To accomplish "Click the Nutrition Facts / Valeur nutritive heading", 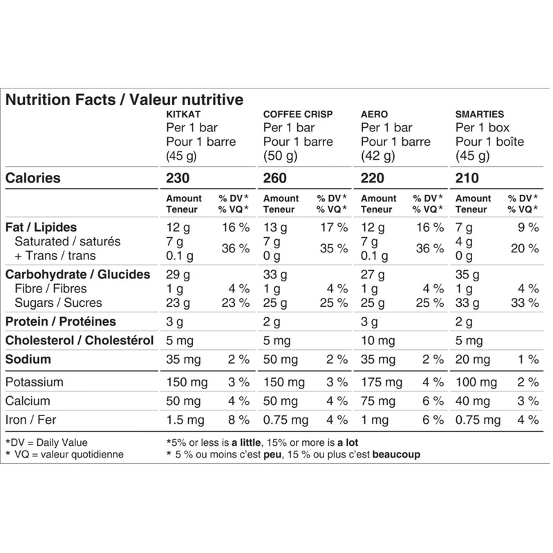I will click(124, 99).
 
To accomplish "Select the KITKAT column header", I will click(183, 114).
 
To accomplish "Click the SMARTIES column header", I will click(480, 114).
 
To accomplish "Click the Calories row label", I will click(32, 178).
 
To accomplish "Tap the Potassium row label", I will click(35, 382).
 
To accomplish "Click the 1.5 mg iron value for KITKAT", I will click(185, 419).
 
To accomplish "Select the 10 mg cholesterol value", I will click(377, 340).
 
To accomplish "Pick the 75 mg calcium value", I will click(378, 400).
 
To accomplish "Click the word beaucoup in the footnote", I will click(395, 455).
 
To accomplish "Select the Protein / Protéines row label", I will click(60, 321).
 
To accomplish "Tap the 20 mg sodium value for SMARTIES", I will click(474, 359).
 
